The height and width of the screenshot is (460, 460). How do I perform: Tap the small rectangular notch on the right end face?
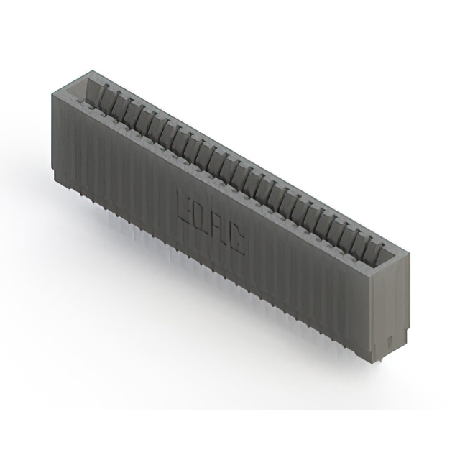click(389, 337)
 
